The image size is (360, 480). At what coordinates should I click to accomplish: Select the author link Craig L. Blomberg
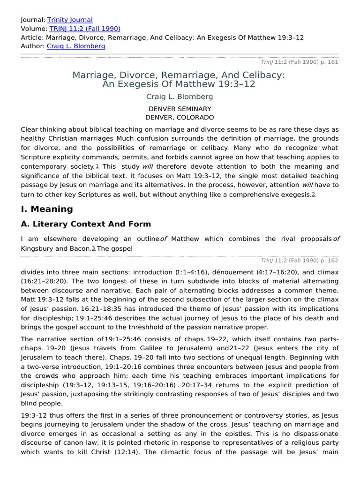(x=76, y=46)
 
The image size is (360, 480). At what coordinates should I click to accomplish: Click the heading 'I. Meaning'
(x=47, y=209)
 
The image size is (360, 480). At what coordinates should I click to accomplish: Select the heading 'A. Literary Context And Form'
(x=86, y=224)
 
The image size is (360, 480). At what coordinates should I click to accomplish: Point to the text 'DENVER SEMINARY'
(x=180, y=109)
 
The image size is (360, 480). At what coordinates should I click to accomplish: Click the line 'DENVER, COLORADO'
(x=180, y=117)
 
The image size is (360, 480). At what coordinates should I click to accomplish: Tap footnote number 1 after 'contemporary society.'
(x=97, y=167)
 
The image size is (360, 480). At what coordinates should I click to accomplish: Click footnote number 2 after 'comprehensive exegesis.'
(x=313, y=195)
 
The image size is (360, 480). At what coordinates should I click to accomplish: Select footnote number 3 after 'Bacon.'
(x=93, y=248)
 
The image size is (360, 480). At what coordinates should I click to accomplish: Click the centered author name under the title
(x=180, y=97)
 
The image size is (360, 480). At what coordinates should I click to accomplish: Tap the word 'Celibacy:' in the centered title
(x=256, y=75)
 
